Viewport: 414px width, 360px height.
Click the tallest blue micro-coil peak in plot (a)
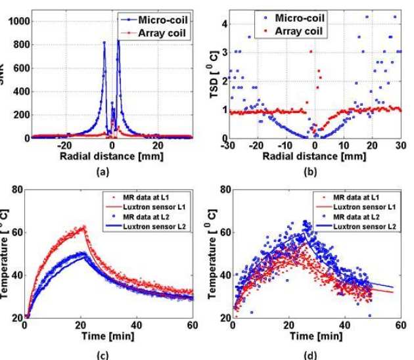(x=118, y=41)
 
